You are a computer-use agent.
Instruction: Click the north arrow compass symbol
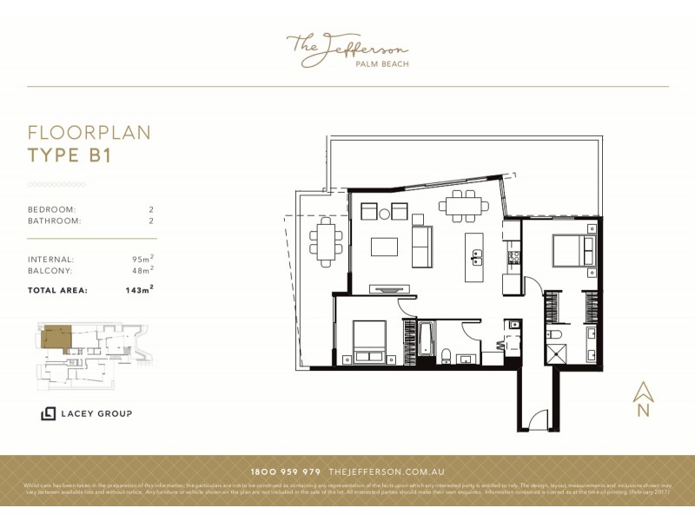click(643, 399)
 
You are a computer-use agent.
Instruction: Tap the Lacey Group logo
click(86, 413)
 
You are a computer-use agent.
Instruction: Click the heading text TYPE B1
click(69, 155)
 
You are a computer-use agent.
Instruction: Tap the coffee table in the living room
click(384, 247)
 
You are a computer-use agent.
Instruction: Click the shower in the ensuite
click(554, 353)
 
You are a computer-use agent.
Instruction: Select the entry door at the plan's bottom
click(539, 420)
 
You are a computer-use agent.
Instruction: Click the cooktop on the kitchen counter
click(513, 257)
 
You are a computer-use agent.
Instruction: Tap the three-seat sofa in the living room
click(421, 247)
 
